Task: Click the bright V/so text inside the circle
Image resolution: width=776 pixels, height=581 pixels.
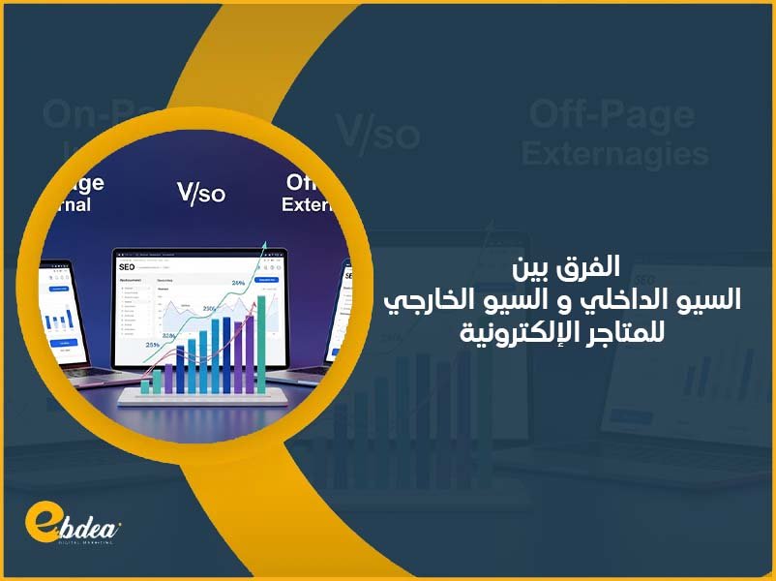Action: pyautogui.click(x=200, y=193)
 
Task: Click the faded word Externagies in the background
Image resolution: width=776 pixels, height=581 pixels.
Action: pyautogui.click(x=618, y=153)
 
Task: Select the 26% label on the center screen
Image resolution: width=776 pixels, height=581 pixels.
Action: pyautogui.click(x=238, y=284)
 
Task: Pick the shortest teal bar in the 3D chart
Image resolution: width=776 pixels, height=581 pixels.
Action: pyautogui.click(x=145, y=385)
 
